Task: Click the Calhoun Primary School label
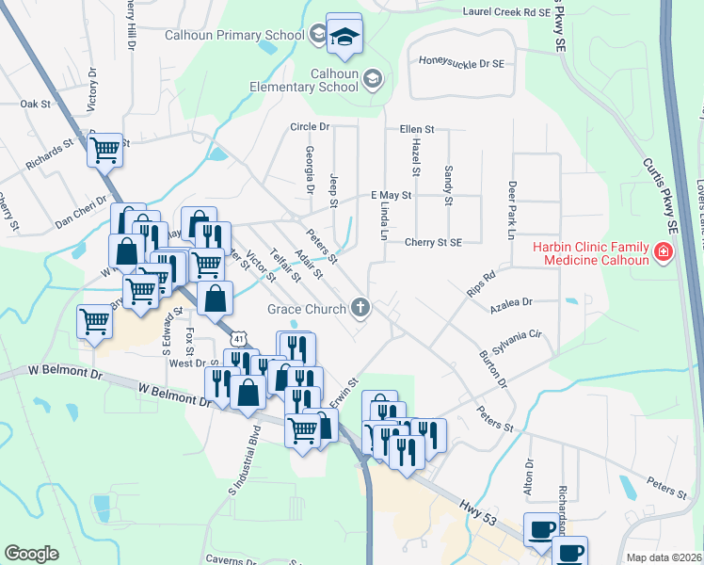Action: coord(234,36)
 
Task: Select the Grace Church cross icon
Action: coord(359,306)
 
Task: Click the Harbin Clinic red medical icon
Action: coord(664,252)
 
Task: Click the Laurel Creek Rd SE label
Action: coord(505,12)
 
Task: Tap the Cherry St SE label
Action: coord(433,242)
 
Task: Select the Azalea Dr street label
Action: coord(511,303)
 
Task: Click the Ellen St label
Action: coord(416,128)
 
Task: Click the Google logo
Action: coord(31,554)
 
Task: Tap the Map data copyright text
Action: coord(662,557)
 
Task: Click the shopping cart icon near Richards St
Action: coord(105,150)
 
